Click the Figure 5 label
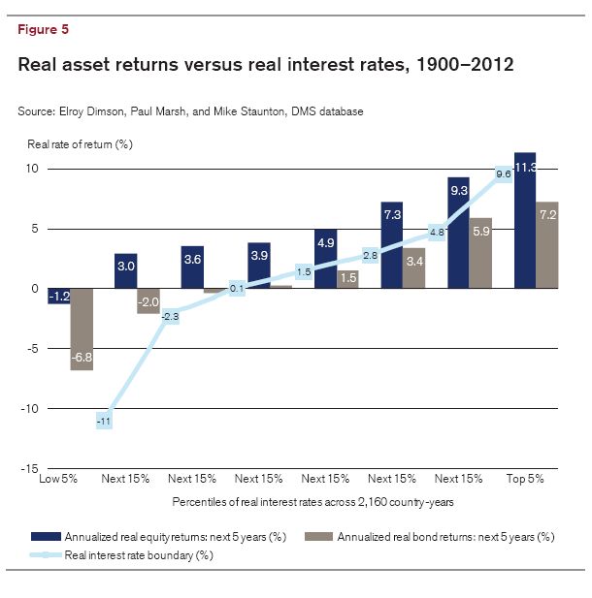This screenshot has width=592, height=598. pos(44,29)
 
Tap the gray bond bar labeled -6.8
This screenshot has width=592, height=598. pos(82,330)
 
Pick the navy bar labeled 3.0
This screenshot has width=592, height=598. pos(126,270)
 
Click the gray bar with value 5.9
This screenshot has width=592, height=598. pos(481,253)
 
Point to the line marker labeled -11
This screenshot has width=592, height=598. pos(105,422)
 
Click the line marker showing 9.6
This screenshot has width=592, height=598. pos(503,174)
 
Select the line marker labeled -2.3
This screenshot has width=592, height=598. pos(171,316)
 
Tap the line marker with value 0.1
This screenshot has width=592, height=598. pos(238,287)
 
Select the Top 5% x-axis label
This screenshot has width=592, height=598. pos(525,480)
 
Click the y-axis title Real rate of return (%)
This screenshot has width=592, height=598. pos(75,143)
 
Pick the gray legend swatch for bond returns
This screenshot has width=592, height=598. pos(319,537)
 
